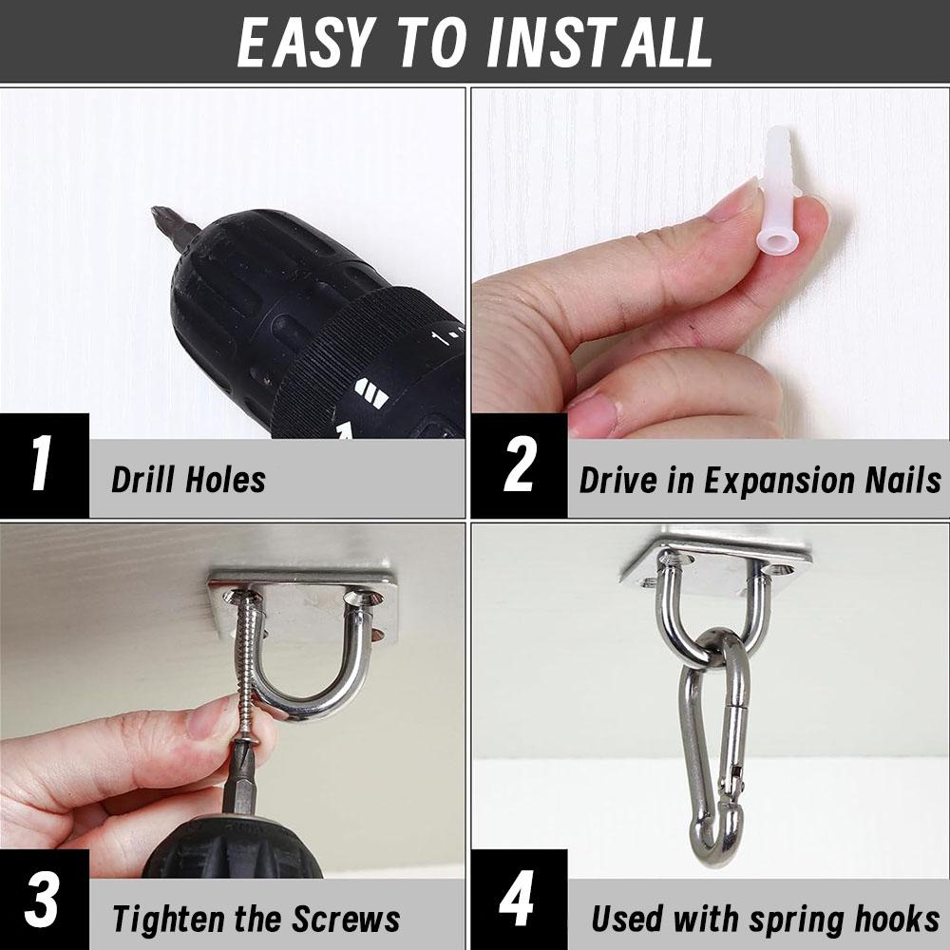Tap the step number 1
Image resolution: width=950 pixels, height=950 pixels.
tap(41, 465)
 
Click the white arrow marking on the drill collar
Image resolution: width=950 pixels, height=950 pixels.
tap(370, 393)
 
